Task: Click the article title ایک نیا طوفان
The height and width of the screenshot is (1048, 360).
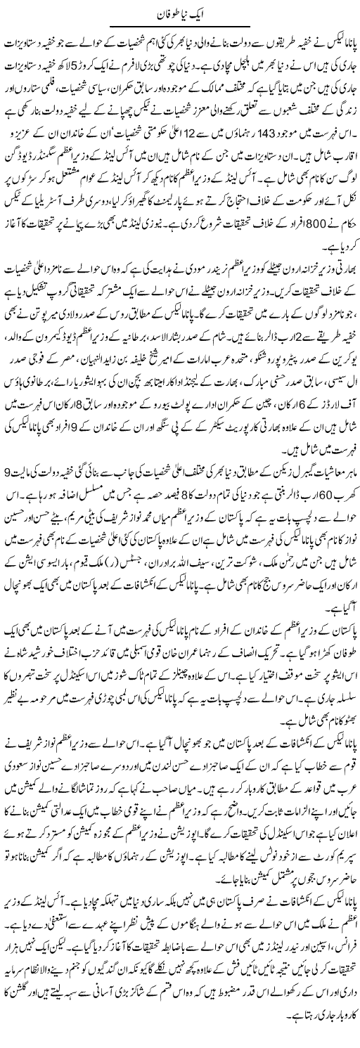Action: coord(180,13)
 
